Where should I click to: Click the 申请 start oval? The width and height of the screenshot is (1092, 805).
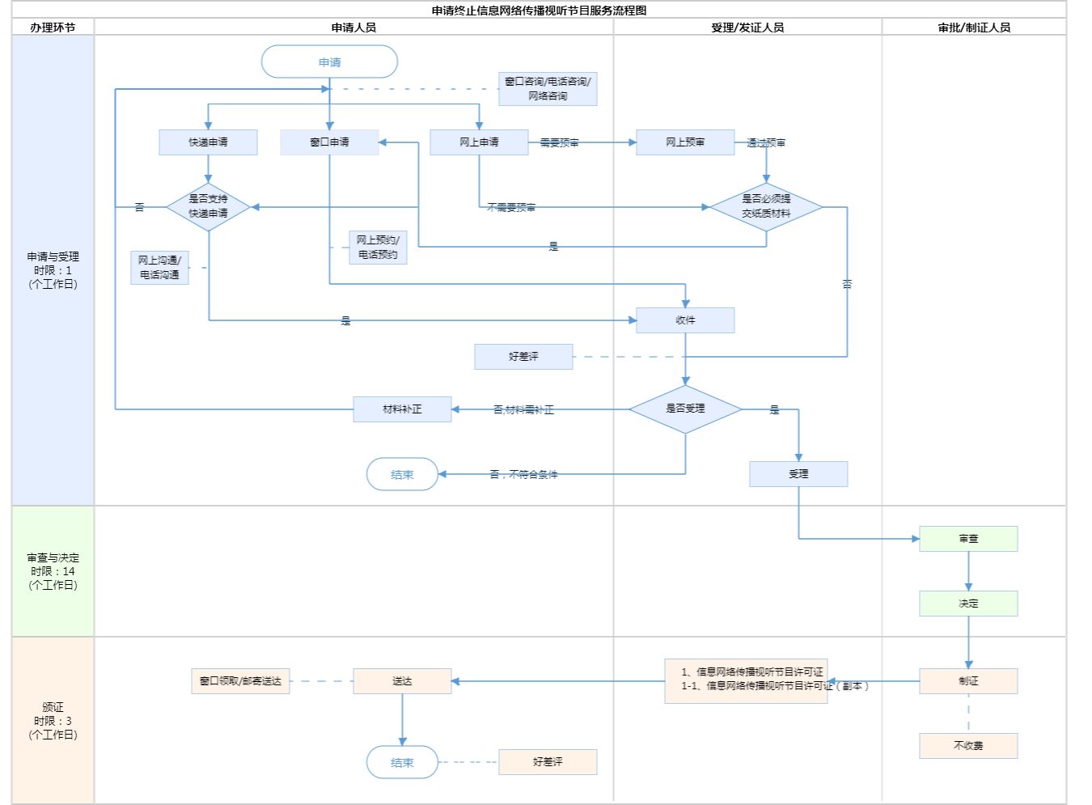pos(329,62)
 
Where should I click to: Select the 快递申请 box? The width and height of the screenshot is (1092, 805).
pos(208,142)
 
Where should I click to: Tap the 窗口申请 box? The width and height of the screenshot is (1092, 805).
pos(329,142)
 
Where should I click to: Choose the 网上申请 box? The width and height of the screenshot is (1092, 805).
pos(479,142)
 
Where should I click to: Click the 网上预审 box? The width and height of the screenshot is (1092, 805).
pos(685,142)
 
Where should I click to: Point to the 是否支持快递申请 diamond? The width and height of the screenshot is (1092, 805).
pos(208,206)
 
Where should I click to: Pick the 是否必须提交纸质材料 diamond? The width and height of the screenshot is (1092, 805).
pos(766,206)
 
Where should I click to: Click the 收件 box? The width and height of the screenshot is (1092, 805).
pos(685,320)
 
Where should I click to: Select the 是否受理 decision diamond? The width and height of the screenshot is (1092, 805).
pos(685,409)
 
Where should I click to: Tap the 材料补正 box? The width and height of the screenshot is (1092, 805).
pos(402,409)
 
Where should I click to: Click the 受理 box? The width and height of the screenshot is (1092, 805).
pos(798,474)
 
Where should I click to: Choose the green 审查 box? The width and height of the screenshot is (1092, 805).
pos(968,539)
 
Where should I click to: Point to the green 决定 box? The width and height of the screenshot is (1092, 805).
pos(968,604)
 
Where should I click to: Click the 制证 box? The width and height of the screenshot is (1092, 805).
pos(968,681)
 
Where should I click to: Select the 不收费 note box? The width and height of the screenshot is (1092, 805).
pos(968,746)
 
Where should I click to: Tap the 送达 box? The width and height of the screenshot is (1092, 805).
pos(402,681)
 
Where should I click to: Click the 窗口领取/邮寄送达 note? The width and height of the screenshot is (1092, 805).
pos(240,681)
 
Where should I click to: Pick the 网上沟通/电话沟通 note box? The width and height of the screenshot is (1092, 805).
pos(159,268)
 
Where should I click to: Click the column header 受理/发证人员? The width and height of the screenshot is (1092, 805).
pos(747,28)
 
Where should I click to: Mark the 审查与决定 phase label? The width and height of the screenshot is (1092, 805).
pos(53,571)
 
